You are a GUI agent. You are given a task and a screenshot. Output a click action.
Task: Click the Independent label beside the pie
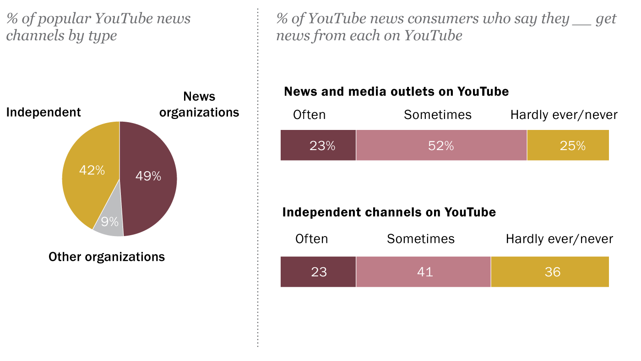point(43,112)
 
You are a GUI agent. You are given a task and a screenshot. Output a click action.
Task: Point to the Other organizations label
point(107,257)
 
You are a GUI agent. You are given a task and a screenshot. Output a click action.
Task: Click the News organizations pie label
point(199,105)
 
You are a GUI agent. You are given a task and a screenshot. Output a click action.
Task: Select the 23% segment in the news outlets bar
point(318,145)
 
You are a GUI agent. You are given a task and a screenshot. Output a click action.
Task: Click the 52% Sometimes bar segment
point(441,145)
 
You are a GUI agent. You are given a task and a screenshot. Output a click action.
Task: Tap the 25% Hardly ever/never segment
point(568,145)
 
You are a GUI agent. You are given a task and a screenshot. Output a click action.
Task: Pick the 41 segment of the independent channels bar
point(424,272)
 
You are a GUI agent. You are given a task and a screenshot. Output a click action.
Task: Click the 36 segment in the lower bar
point(550,272)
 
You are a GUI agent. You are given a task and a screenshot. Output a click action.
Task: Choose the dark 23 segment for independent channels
point(318,272)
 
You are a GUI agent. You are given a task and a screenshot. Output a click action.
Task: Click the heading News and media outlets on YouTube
point(396,92)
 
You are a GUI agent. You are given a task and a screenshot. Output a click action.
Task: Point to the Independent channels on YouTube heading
point(389,212)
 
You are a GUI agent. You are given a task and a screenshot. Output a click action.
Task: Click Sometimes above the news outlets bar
point(438,114)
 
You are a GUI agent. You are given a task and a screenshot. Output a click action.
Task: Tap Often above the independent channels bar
point(312,239)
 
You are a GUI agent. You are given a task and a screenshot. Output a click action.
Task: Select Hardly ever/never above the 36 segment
point(559,239)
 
